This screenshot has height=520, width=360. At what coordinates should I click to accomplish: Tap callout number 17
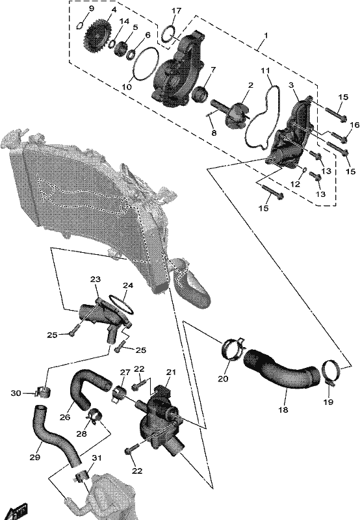[176, 10]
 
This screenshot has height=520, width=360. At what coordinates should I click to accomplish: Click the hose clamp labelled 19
[331, 372]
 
